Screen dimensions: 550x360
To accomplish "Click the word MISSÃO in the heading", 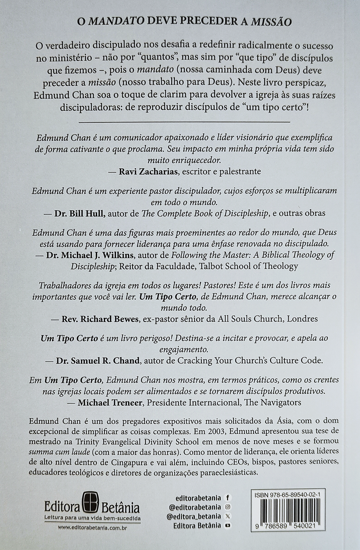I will [272, 22].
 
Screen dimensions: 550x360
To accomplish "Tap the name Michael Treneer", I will [110, 402].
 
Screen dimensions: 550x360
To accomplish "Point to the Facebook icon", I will [227, 498].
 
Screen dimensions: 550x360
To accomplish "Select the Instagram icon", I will [227, 507].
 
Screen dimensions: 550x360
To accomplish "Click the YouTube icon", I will [227, 526].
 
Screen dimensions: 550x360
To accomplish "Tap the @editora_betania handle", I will [194, 516].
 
